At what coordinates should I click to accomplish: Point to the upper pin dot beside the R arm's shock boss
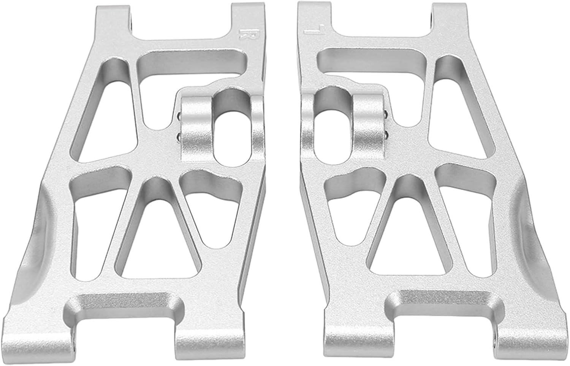coord(179,116)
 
